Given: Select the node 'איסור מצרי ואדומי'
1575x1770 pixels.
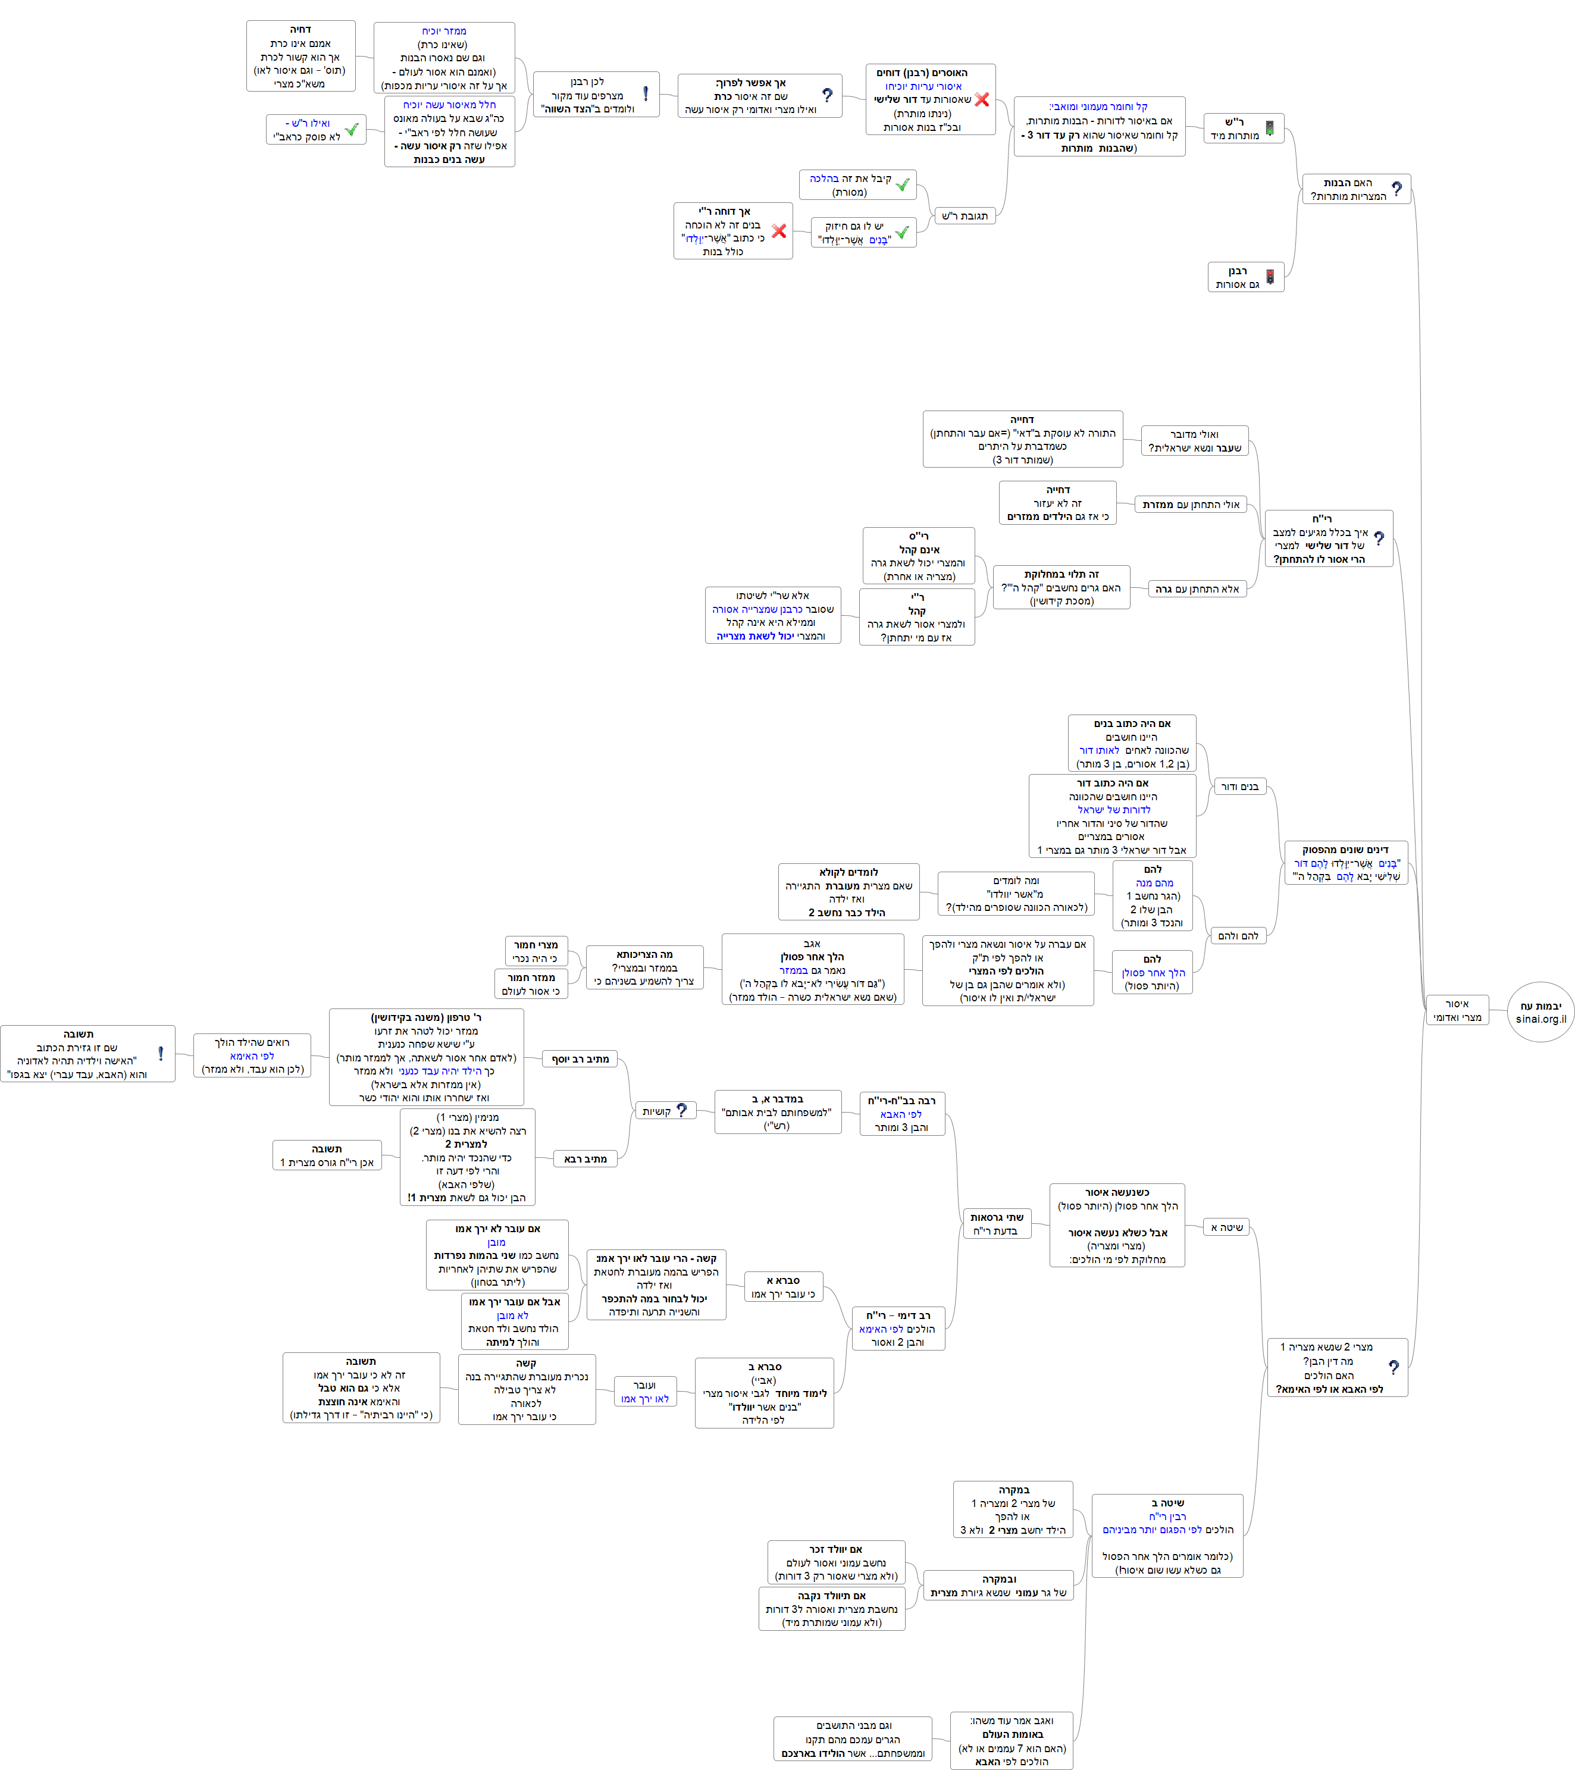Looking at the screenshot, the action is (1457, 1010).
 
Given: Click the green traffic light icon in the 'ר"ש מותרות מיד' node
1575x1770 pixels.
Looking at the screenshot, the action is (1269, 128).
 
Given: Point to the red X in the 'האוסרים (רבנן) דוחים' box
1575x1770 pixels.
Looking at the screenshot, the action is (981, 99).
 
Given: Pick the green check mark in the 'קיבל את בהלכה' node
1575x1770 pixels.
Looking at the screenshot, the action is (902, 184).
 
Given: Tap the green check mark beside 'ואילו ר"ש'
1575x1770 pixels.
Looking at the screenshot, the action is (352, 129).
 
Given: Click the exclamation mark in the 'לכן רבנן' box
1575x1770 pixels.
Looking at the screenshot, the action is (645, 93).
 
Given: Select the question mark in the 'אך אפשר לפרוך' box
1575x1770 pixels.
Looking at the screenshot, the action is (827, 95).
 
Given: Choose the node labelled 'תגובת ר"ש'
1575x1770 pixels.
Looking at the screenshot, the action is (965, 215).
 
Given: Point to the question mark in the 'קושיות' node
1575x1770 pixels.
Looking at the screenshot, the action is (681, 1110).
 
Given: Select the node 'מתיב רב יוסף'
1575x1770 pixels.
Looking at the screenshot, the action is (580, 1058).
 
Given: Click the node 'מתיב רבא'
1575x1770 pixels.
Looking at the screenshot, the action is (585, 1158).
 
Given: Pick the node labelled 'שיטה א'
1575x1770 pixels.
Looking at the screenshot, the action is (1226, 1227).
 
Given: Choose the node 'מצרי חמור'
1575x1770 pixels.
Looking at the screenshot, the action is (536, 951).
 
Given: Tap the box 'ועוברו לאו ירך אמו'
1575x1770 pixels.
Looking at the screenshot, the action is (644, 1392).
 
